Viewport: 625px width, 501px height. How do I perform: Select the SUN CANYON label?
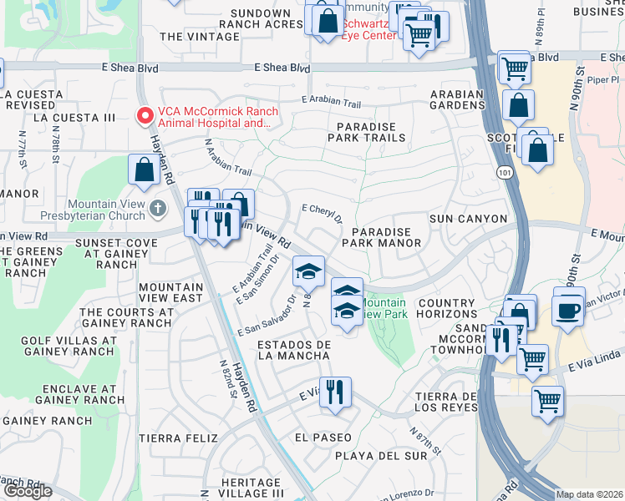click(x=468, y=219)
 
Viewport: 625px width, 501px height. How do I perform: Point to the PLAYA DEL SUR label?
click(x=375, y=456)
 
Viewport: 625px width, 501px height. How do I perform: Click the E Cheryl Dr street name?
click(x=322, y=214)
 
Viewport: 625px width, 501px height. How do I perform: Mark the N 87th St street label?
click(x=424, y=442)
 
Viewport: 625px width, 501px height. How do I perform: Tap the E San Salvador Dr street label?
click(x=267, y=315)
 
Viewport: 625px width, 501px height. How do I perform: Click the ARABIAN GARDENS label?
click(x=457, y=100)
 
